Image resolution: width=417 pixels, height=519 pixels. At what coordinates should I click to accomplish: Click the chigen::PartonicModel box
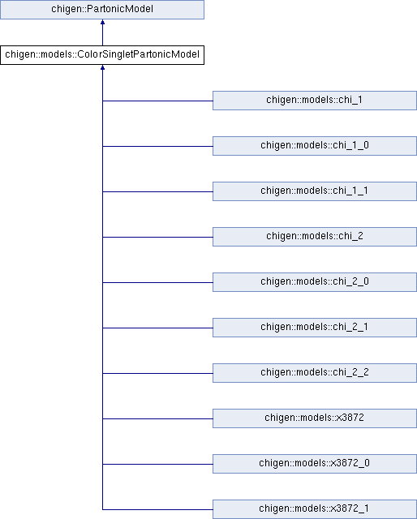(102, 9)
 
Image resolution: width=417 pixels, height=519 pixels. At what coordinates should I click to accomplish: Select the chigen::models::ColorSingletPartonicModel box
(102, 55)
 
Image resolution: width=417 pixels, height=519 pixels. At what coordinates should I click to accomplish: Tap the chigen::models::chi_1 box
(314, 101)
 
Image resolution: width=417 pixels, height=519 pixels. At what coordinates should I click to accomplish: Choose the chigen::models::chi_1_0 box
(314, 146)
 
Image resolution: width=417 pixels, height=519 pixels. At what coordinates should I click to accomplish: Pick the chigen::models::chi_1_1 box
(314, 191)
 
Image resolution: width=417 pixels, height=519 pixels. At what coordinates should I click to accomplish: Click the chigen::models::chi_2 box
(314, 236)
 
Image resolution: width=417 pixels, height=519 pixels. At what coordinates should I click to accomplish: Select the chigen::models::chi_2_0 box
(314, 282)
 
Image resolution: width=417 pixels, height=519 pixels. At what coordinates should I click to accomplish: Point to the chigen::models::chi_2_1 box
(314, 328)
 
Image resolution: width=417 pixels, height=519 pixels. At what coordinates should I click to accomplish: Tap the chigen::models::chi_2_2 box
(314, 373)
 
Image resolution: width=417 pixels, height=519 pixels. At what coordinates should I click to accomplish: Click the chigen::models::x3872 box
(314, 418)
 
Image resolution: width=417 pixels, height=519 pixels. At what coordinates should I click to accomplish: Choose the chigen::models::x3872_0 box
(314, 463)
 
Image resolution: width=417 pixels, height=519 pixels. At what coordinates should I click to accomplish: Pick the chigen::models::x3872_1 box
(314, 509)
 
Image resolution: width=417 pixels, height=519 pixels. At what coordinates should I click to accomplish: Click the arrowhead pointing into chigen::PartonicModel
(103, 22)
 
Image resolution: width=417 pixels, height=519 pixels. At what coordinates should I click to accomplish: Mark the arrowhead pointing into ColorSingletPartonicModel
(103, 67)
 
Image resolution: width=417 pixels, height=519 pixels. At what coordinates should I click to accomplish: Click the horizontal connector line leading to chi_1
(157, 101)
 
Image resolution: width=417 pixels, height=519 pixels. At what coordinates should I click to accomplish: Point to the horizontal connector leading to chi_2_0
(157, 282)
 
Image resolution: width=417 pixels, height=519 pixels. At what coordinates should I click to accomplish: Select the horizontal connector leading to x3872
(157, 418)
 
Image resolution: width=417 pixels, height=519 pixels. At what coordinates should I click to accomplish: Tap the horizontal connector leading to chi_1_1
(157, 191)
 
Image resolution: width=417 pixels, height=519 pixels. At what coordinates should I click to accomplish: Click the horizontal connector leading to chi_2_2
(157, 373)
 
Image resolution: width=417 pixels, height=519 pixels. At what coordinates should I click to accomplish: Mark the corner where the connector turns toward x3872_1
(103, 509)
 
